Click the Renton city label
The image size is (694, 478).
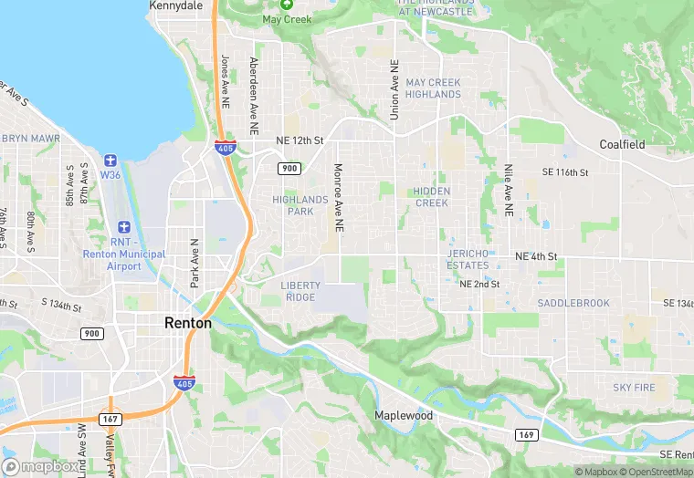click(188, 322)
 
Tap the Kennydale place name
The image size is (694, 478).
click(175, 5)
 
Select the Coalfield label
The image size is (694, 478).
click(622, 144)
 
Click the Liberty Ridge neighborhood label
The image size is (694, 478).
click(300, 291)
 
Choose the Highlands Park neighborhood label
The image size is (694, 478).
click(300, 205)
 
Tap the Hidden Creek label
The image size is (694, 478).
click(431, 197)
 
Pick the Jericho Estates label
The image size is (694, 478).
click(468, 259)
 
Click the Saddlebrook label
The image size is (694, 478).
click(573, 302)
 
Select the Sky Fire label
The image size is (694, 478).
click(634, 388)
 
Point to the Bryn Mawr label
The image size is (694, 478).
click(30, 139)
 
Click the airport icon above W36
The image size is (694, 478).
click(110, 161)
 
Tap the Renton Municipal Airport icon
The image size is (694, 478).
click(124, 226)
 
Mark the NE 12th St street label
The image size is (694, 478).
click(300, 140)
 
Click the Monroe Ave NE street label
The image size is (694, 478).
click(338, 195)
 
